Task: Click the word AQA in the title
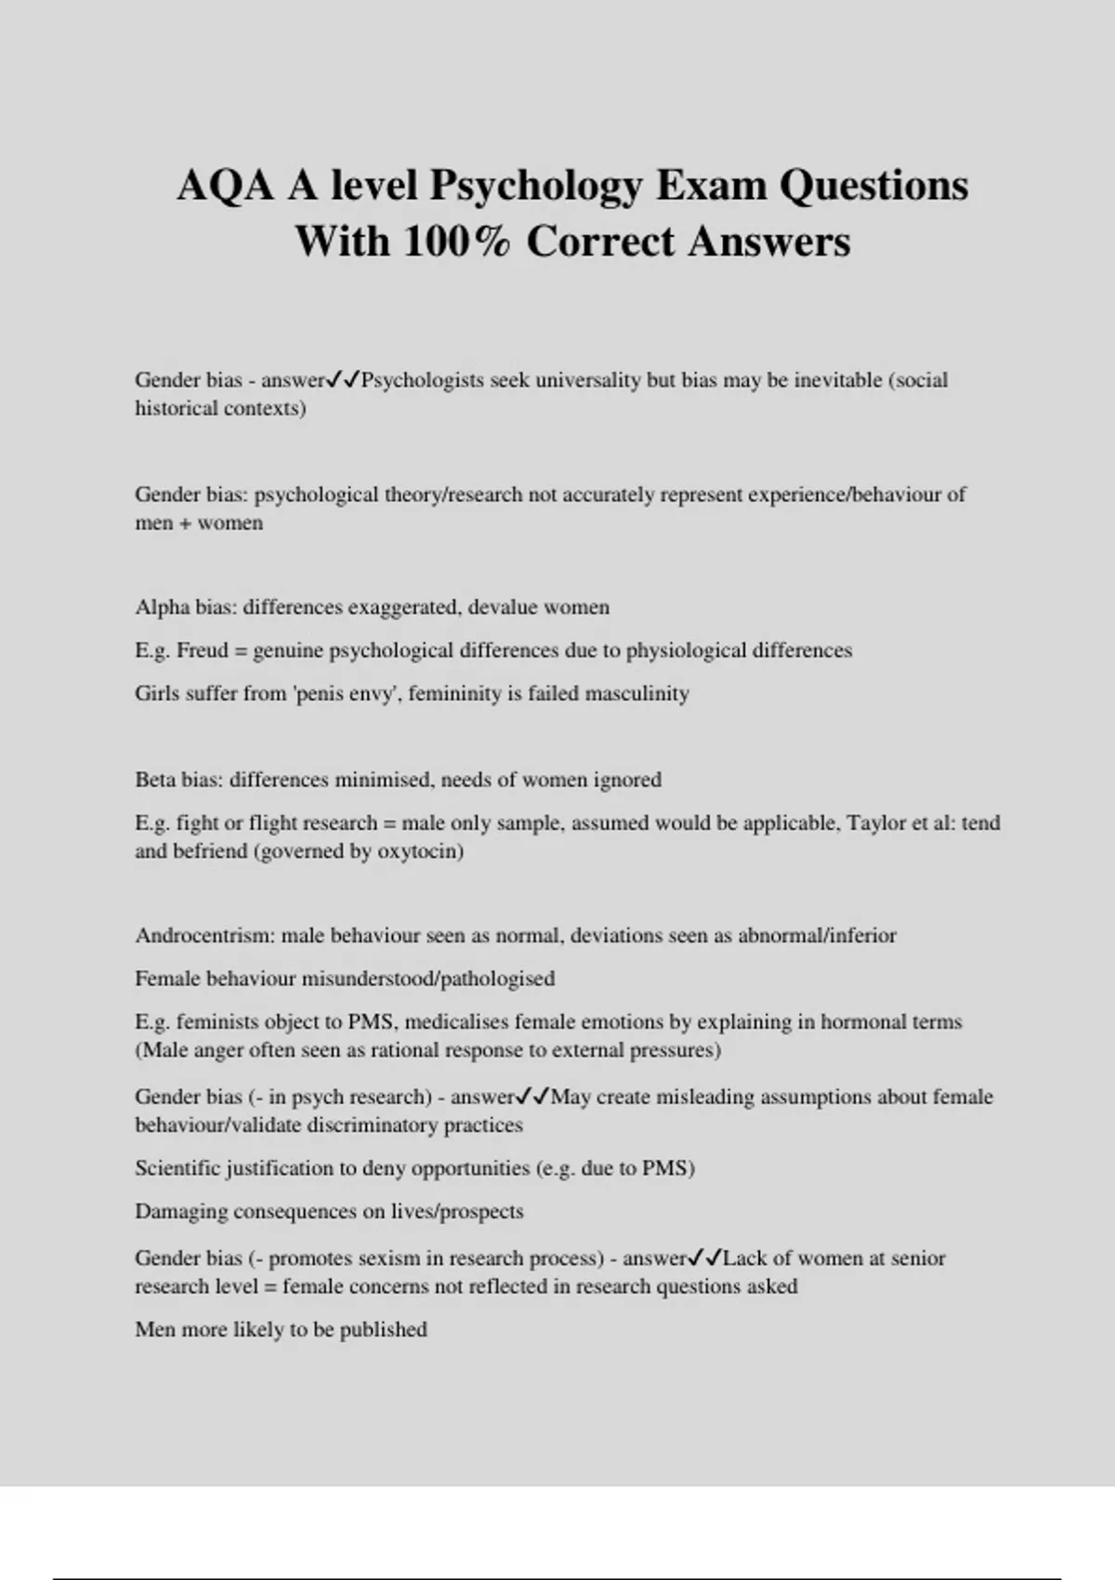point(226,185)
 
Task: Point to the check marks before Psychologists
point(343,379)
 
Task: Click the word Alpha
point(163,607)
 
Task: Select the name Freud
point(203,650)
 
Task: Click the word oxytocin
point(416,851)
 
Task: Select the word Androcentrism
point(204,935)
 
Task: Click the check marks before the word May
point(532,1097)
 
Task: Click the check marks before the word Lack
point(704,1258)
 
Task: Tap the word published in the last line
point(383,1329)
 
